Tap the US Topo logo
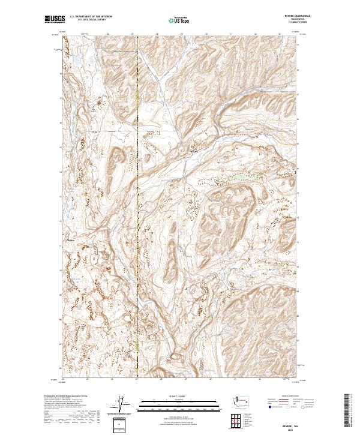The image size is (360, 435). pyautogui.click(x=174, y=19)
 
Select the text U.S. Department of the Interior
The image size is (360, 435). pyautogui.click(x=90, y=17)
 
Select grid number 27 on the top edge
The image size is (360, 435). pyautogui.click(x=137, y=34)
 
